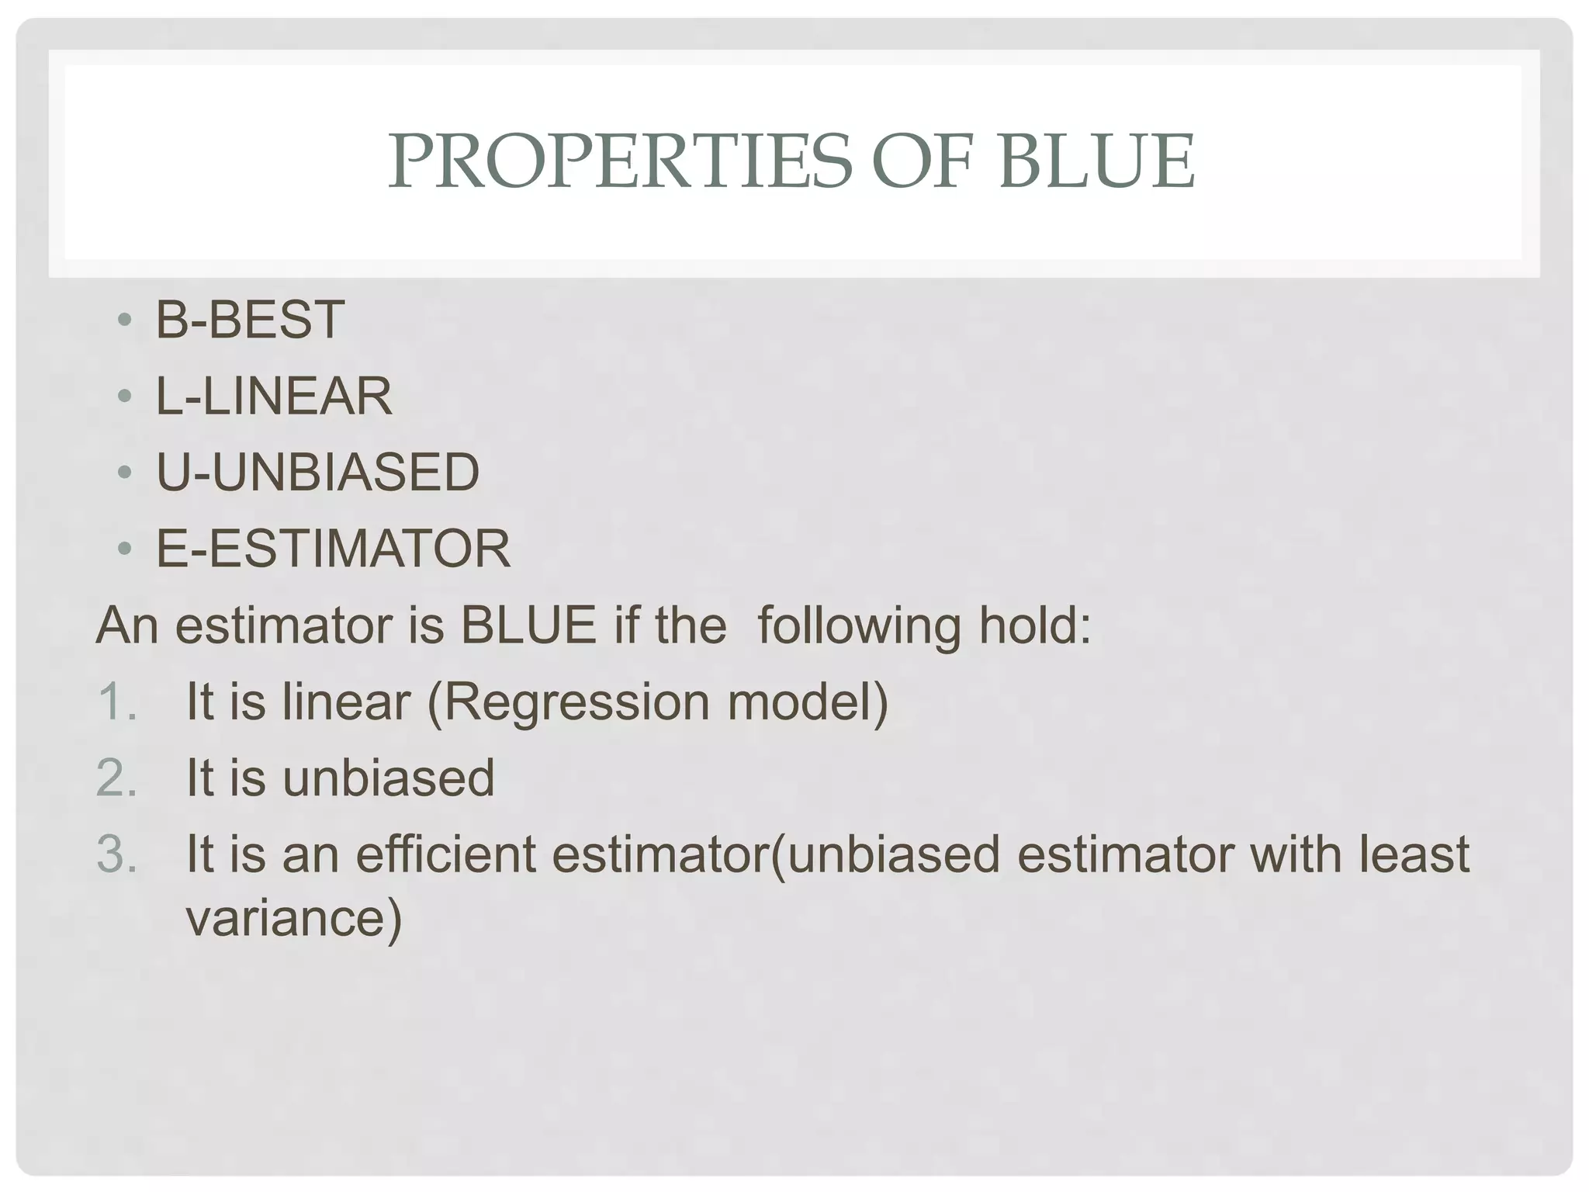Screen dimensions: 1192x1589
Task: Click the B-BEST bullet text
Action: [x=250, y=320]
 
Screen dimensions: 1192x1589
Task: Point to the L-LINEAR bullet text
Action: [x=274, y=396]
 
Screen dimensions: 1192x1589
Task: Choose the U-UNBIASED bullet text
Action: [x=317, y=472]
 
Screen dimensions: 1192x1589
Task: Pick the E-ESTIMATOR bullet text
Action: [x=333, y=548]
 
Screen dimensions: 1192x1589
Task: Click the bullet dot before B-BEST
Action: [x=124, y=321]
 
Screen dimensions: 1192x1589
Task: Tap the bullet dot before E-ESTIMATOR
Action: [x=124, y=549]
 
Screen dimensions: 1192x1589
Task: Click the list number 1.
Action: [x=116, y=702]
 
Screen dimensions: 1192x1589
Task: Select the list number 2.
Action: [x=116, y=778]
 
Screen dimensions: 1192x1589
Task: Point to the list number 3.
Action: [x=116, y=854]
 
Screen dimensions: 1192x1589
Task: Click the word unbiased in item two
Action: [x=388, y=778]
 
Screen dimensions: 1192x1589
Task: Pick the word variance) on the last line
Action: [x=294, y=919]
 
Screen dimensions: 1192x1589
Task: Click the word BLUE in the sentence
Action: [x=528, y=625]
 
